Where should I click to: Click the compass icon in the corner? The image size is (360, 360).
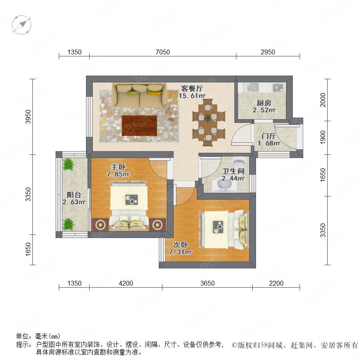pos(22,25)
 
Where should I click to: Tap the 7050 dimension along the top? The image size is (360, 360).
pos(163,52)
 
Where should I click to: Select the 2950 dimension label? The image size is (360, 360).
pos(268,52)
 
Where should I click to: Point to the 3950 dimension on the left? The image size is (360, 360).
pos(28,117)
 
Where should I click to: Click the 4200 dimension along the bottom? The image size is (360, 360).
pos(126,283)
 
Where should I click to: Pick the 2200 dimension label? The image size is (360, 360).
pos(276,283)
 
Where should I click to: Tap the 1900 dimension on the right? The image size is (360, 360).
pos(323,137)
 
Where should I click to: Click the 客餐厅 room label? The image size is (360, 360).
pos(192,88)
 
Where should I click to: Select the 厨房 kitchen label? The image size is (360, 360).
pos(264,103)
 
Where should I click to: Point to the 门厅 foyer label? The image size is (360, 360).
pos(269,136)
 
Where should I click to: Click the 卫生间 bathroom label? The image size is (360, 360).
pos(233,171)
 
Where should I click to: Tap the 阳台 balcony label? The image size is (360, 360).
pos(74,195)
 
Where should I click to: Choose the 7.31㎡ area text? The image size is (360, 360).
pos(180,252)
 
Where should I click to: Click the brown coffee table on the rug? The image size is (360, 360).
pos(139,126)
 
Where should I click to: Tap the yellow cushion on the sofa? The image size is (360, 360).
pos(154,93)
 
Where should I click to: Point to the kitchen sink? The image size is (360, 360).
pos(253,87)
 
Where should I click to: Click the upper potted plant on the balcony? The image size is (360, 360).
pos(68,164)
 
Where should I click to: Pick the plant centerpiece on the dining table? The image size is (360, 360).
pos(208,118)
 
